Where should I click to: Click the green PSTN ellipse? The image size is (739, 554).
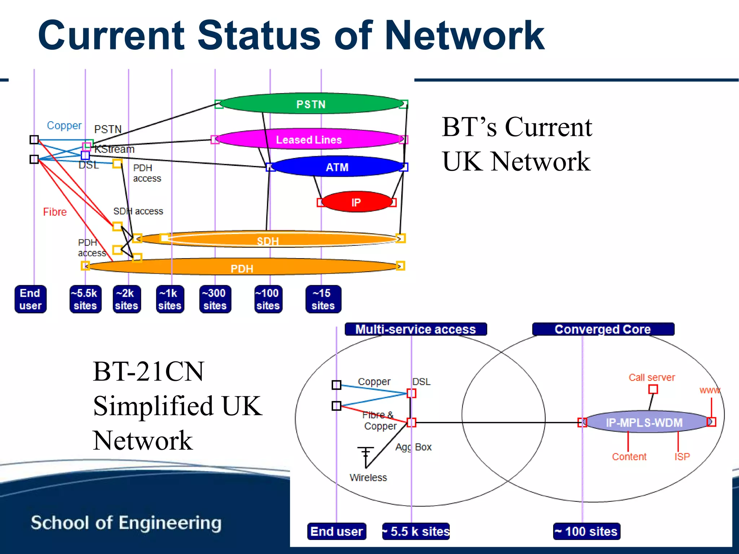click(311, 104)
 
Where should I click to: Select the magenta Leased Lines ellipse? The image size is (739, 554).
click(309, 139)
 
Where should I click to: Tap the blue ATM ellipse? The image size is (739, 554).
click(337, 167)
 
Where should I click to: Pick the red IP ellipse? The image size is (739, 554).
click(356, 202)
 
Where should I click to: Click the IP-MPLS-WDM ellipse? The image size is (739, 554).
click(644, 422)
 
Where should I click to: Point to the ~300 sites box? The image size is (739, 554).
click(215, 299)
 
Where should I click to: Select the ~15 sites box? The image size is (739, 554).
click(323, 299)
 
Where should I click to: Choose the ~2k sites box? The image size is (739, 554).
click(126, 299)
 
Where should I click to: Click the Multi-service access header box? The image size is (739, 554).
click(416, 329)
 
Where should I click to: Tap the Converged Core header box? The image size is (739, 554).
click(603, 329)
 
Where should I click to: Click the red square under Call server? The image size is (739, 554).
click(653, 389)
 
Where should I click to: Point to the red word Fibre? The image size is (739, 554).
click(55, 212)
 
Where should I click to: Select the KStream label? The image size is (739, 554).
click(114, 149)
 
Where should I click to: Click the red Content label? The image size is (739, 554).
click(629, 457)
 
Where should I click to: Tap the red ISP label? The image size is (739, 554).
click(682, 457)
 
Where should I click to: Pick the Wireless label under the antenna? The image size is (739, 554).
click(368, 478)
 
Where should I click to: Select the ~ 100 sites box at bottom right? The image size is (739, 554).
click(586, 531)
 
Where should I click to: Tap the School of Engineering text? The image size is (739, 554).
click(126, 523)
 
